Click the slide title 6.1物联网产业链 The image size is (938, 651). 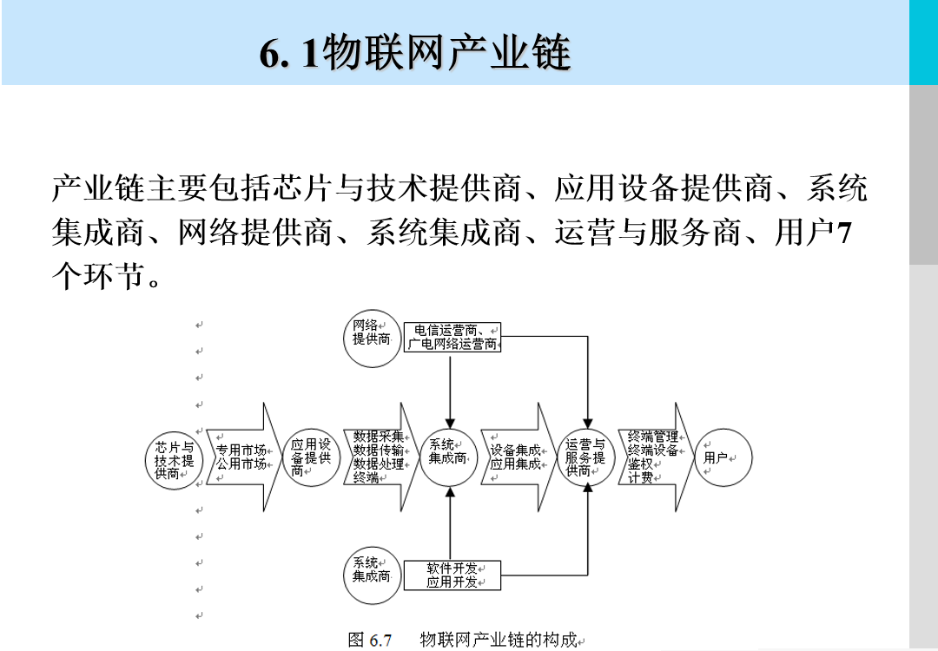[x=415, y=54]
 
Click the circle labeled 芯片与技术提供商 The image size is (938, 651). [x=174, y=457]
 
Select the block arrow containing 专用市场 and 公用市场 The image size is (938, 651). [x=241, y=457]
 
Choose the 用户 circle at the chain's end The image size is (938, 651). [x=723, y=457]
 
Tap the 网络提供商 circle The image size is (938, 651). [x=372, y=332]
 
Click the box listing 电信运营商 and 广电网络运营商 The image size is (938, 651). [x=452, y=337]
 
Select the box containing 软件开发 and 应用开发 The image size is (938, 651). [x=452, y=575]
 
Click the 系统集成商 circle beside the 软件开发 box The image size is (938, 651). [x=372, y=569]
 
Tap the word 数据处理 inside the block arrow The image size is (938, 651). [x=379, y=464]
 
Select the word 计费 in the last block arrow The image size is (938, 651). [x=641, y=478]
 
